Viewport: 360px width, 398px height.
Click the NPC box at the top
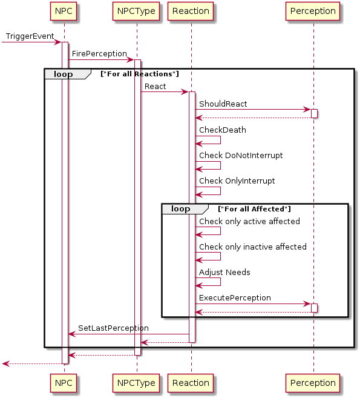point(64,11)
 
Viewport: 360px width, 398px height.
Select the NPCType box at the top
point(136,11)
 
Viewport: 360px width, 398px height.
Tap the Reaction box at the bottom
point(191,383)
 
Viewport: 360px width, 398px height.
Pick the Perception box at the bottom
point(313,383)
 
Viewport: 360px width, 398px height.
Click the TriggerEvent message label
point(30,36)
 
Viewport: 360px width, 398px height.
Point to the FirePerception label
point(99,54)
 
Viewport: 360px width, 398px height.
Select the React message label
point(155,87)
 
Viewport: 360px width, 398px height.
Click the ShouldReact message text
point(223,104)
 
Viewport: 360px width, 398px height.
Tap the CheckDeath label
point(223,130)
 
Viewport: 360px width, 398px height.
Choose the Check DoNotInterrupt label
point(241,155)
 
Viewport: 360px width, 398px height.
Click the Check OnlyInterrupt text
point(237,181)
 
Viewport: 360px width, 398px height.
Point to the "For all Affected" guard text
point(254,209)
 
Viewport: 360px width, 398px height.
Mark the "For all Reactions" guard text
point(140,74)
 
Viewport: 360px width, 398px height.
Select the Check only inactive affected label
point(253,247)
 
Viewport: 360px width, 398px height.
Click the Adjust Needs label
point(224,273)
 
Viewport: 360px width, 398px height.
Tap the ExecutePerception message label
point(235,297)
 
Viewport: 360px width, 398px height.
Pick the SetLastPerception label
point(113,328)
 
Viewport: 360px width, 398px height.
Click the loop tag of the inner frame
point(180,208)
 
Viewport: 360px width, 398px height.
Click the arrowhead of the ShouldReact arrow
point(307,110)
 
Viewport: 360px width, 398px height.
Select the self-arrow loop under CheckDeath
point(220,140)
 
